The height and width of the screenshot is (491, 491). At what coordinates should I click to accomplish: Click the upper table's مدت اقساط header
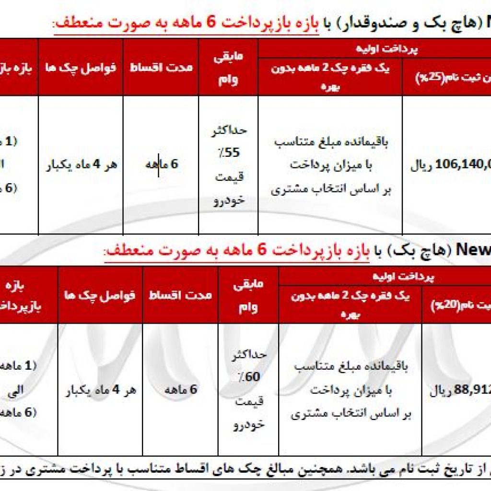pos(161,67)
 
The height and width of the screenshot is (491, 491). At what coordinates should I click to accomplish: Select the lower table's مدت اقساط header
pos(180,294)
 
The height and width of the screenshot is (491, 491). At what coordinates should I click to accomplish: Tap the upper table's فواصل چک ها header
pos(81,67)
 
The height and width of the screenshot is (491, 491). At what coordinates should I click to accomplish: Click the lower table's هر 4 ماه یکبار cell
pos(101,390)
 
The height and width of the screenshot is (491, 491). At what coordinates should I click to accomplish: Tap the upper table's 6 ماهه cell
pos(161,164)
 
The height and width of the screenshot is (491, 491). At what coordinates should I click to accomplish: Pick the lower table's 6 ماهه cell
pos(180,390)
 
